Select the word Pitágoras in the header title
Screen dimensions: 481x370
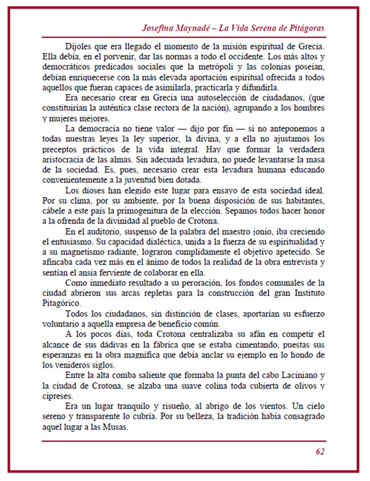(307, 28)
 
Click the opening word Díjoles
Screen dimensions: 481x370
(77, 47)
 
